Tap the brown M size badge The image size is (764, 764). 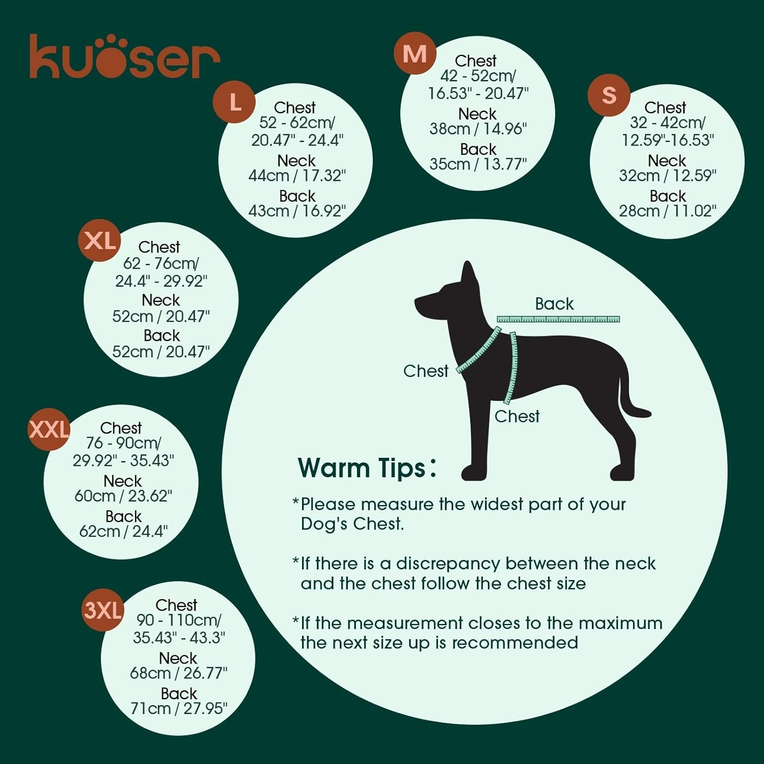click(x=415, y=53)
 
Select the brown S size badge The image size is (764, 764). click(x=609, y=95)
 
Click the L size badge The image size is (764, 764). click(x=234, y=102)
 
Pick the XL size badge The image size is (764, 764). click(x=99, y=240)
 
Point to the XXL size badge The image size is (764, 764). click(x=49, y=429)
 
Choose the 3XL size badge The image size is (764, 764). click(x=103, y=610)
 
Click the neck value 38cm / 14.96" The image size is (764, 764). click(x=478, y=129)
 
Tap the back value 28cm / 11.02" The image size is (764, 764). click(x=667, y=211)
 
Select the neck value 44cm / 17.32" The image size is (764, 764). click(x=297, y=176)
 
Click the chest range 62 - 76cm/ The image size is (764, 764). click(x=161, y=263)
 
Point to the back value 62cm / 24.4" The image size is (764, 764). click(x=123, y=531)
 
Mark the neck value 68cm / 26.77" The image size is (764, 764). click(x=178, y=673)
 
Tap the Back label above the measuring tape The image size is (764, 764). click(x=554, y=304)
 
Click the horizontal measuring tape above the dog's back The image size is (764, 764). click(x=558, y=319)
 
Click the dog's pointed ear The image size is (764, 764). click(x=469, y=275)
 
